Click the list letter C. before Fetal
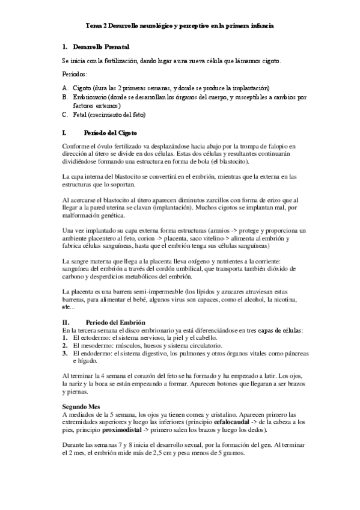coord(65,115)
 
